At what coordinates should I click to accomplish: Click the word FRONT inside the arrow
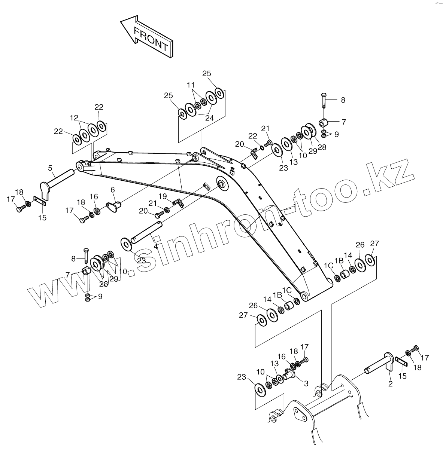[x=151, y=39]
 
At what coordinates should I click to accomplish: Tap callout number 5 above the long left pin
[x=50, y=169]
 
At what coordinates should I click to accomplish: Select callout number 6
[x=112, y=190]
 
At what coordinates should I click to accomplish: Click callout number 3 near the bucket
[x=306, y=383]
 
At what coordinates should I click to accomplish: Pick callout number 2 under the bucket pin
[x=390, y=384]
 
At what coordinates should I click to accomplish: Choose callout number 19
[x=163, y=196]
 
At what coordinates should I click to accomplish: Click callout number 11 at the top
[x=191, y=85]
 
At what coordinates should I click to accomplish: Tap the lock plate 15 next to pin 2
[x=401, y=362]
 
